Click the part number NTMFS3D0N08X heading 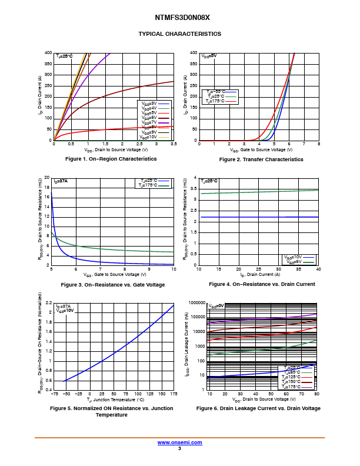tap(179, 18)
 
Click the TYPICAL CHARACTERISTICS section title tap(179, 34)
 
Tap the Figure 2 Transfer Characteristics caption tap(261, 159)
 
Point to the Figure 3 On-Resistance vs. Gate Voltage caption tap(113, 285)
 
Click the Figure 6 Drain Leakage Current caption tap(258, 408)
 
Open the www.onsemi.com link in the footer tap(179, 442)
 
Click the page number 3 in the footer tap(179, 448)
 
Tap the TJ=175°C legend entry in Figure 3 tap(154, 185)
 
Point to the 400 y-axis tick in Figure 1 tap(48, 53)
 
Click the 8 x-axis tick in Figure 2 tap(318, 144)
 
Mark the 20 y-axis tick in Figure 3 tap(47, 178)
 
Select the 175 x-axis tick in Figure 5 tap(174, 394)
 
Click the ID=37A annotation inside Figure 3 tap(61, 181)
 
